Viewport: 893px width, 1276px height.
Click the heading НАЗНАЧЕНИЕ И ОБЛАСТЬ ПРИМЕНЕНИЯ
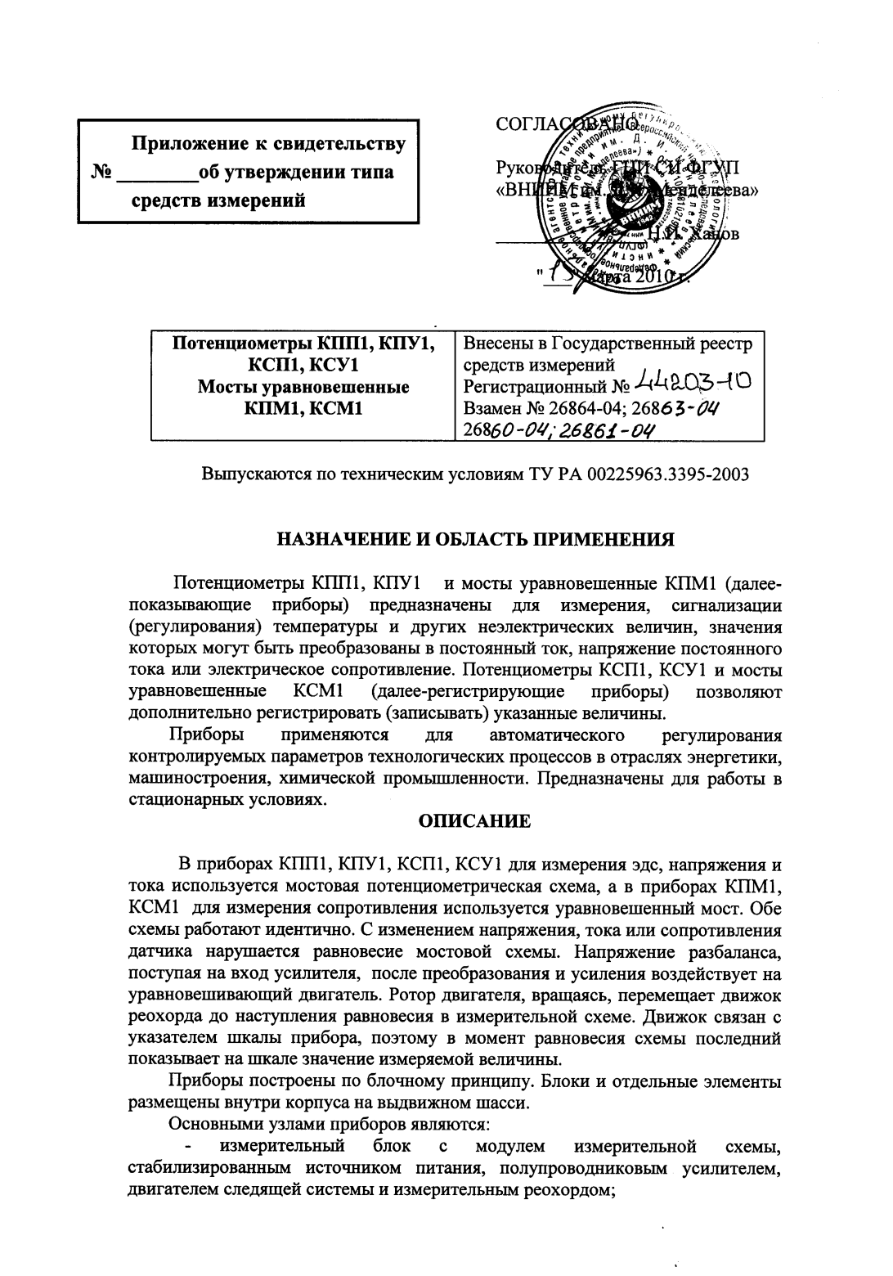click(x=476, y=540)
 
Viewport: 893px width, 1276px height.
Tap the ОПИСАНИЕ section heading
click(x=474, y=820)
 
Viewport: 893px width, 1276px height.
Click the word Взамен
click(x=491, y=407)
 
